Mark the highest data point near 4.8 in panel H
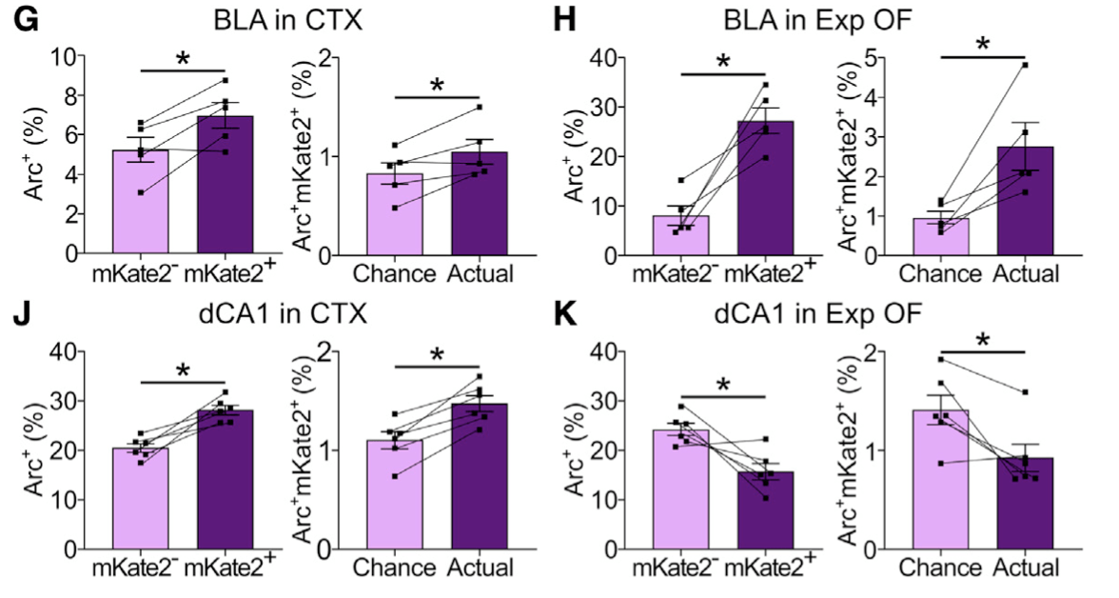point(1026,65)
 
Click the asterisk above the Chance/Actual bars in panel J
point(437,354)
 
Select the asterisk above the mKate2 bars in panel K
point(723,385)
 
